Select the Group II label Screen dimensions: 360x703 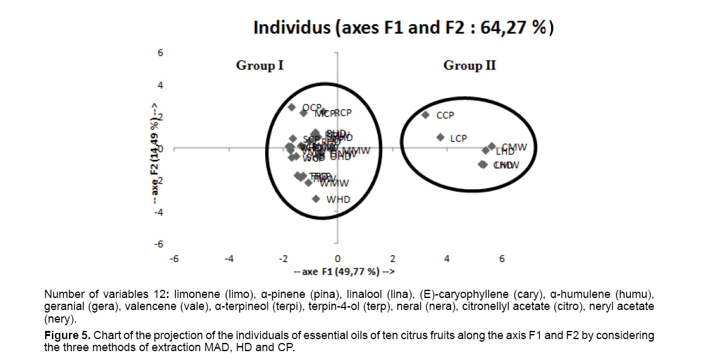pos(470,65)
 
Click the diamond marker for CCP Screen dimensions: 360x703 pos(426,115)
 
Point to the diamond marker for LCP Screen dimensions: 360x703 pos(440,137)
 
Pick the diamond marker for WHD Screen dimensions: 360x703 pos(316,199)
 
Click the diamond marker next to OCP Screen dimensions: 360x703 pos(292,108)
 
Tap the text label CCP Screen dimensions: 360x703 pos(445,116)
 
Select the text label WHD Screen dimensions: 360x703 pos(338,199)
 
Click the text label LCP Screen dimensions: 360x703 pos(458,138)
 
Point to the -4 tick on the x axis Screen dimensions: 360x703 pos(229,259)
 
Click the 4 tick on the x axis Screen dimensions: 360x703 pos(447,259)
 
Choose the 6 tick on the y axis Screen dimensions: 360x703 pos(160,53)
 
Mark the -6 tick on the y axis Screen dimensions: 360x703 pos(159,244)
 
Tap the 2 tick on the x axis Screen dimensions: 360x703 pos(392,259)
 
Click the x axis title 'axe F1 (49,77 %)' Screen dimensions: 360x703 pos(345,272)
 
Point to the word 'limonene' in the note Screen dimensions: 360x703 pos(195,295)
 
